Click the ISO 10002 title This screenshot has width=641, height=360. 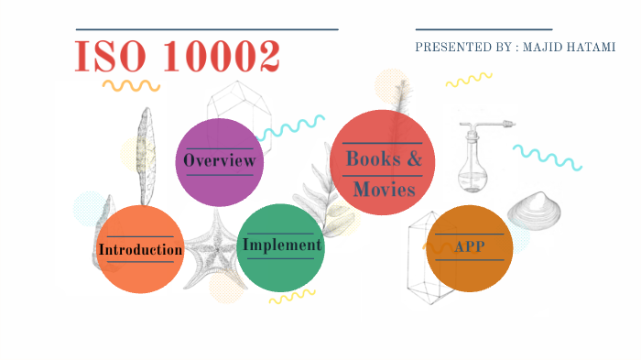[x=177, y=56]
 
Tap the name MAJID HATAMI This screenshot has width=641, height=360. [x=567, y=47]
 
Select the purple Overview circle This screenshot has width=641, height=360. [x=219, y=161]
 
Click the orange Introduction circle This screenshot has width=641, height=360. [x=140, y=248]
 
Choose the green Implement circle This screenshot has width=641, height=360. [x=280, y=245]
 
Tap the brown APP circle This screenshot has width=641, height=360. [x=470, y=248]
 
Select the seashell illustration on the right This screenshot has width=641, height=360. [x=535, y=210]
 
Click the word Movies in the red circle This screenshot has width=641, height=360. [x=385, y=190]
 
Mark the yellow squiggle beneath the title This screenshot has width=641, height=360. [x=131, y=85]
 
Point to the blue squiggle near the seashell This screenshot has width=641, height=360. [x=547, y=157]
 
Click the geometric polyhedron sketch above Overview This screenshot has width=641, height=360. [x=237, y=104]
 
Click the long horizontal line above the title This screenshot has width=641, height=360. [x=207, y=29]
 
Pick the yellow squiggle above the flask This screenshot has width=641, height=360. [x=469, y=80]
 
